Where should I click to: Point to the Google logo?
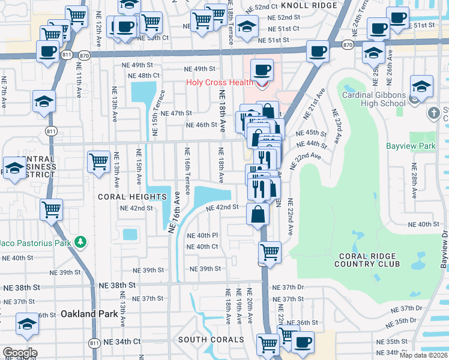point(20,352)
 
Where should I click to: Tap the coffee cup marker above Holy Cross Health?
point(262,70)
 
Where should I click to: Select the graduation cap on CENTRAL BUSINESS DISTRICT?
point(14,167)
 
